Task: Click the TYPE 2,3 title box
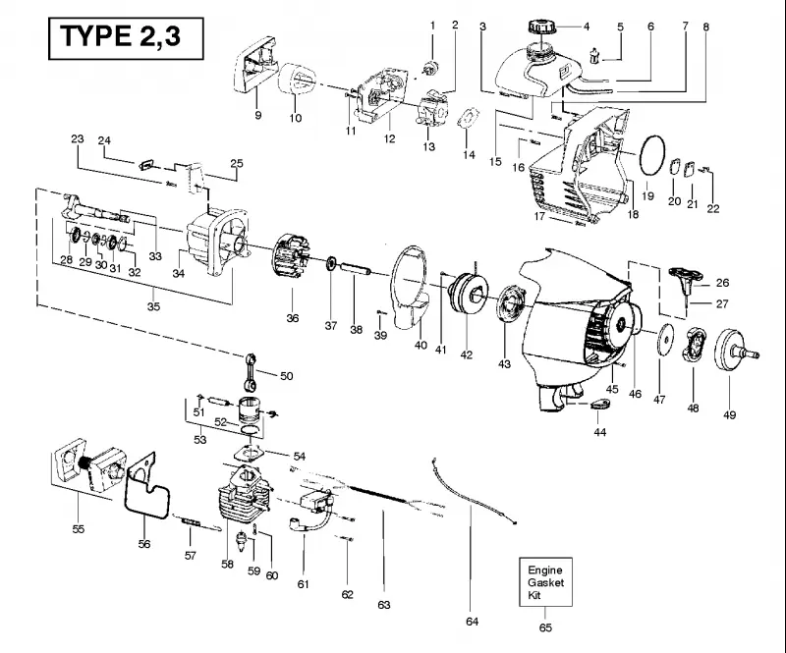tap(126, 38)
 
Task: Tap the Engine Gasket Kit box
tap(545, 582)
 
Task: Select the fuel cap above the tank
tap(541, 26)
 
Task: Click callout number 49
tap(729, 415)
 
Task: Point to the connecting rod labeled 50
tap(252, 371)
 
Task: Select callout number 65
tap(545, 627)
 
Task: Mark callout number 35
tap(153, 306)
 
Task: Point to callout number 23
tap(78, 138)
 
